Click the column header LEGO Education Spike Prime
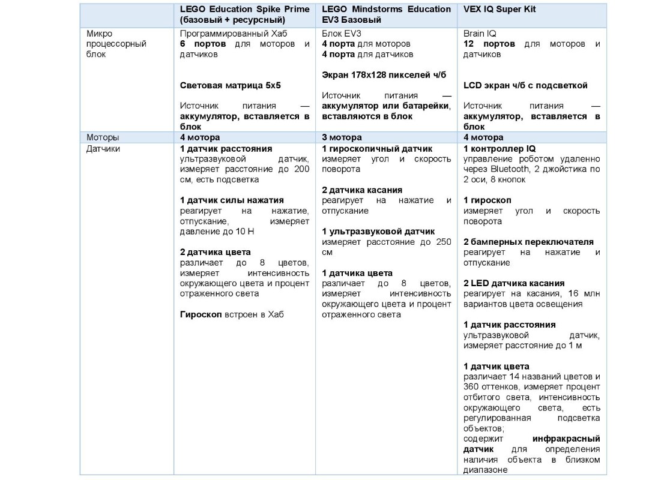tap(245, 10)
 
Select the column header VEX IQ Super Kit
tap(499, 10)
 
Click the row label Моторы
tap(103, 137)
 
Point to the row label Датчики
tap(104, 148)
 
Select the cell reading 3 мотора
tap(342, 137)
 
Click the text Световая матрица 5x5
tap(231, 85)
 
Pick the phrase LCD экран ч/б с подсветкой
tap(525, 85)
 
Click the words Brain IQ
tap(480, 34)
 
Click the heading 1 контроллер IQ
tap(499, 148)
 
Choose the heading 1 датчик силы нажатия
tap(232, 200)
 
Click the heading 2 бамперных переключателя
tap(528, 242)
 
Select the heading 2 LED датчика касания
tap(514, 283)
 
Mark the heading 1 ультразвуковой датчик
tap(378, 232)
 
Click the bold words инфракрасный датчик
tap(566, 439)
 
